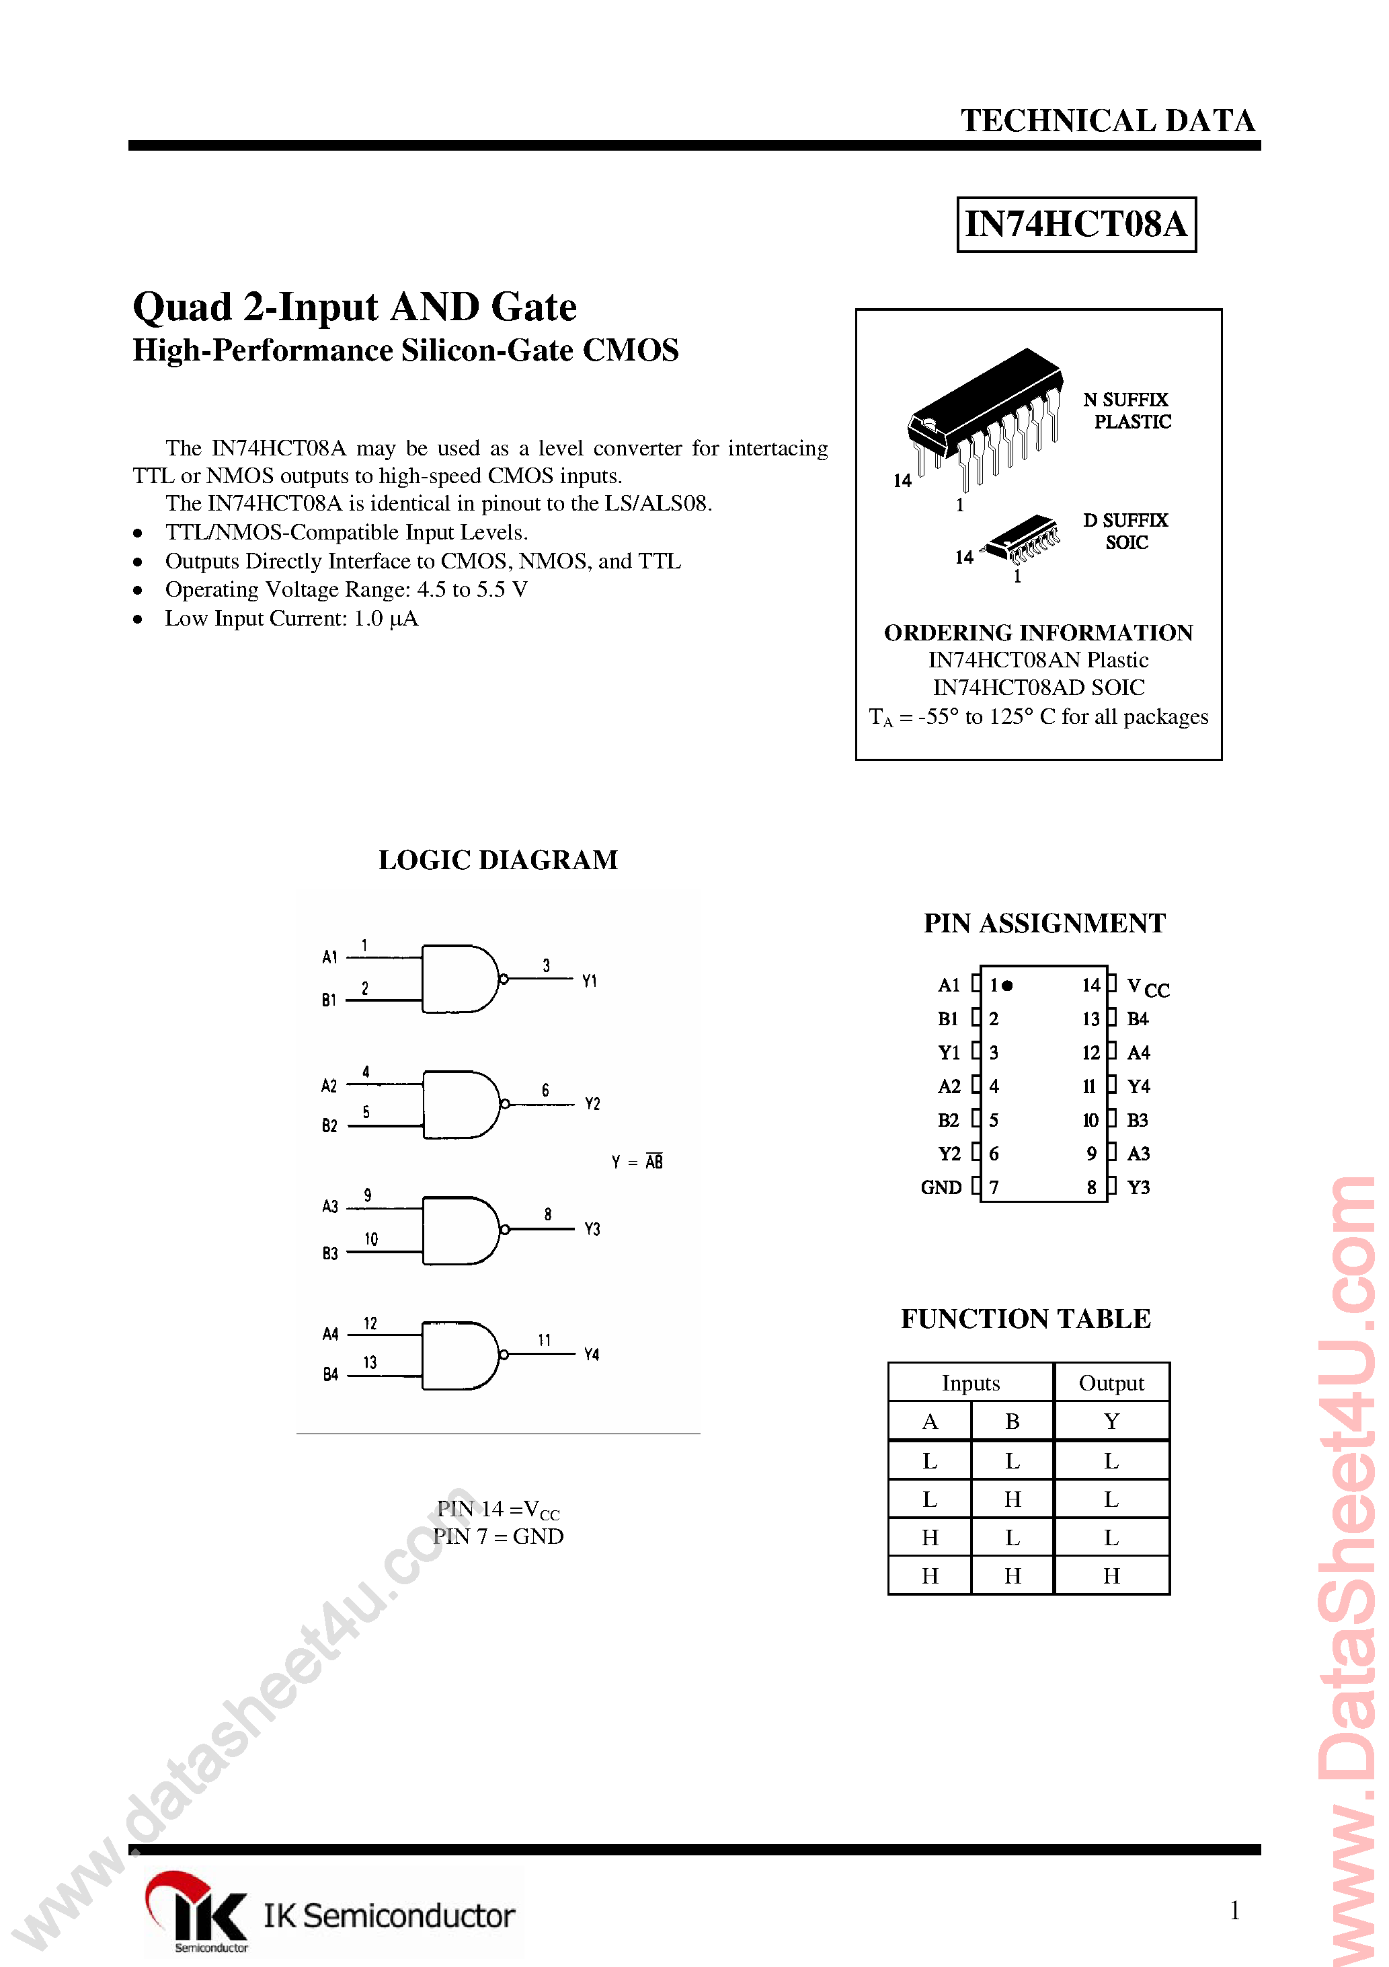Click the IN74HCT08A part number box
click(x=1076, y=225)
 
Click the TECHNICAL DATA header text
click(x=1107, y=121)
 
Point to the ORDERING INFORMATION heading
click(x=1038, y=632)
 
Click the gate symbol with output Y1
click(x=459, y=978)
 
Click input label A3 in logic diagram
click(x=329, y=1206)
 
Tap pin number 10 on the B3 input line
click(x=371, y=1239)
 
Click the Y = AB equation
click(x=637, y=1162)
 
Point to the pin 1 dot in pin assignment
click(x=1008, y=986)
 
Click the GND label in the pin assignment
click(x=941, y=1187)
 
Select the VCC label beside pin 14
click(x=1148, y=987)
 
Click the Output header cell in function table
click(x=1111, y=1382)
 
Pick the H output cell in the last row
click(x=1111, y=1575)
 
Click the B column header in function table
click(x=1013, y=1421)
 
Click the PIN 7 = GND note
click(x=498, y=1536)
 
